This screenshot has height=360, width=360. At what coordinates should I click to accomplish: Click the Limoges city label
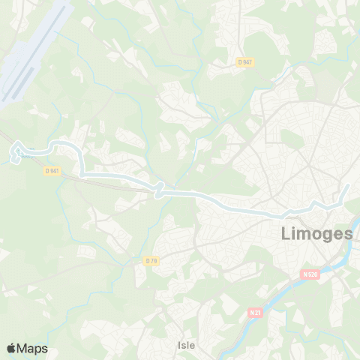[x=316, y=233]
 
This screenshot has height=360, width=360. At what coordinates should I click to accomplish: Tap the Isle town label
[x=187, y=345]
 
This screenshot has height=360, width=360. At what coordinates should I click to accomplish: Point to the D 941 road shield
[x=51, y=170]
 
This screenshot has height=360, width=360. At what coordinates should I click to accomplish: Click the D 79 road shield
[x=151, y=260]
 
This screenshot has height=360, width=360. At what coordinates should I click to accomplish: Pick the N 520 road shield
[x=311, y=274]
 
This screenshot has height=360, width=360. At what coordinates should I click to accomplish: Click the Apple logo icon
[x=11, y=348]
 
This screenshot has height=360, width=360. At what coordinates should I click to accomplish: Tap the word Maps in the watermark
[x=32, y=348]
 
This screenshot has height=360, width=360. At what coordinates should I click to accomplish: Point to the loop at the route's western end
[x=15, y=156]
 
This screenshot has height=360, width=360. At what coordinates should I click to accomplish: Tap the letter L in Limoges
[x=286, y=233]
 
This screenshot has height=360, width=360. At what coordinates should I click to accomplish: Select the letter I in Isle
[x=179, y=345]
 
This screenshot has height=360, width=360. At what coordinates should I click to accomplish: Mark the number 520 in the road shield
[x=313, y=274]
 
